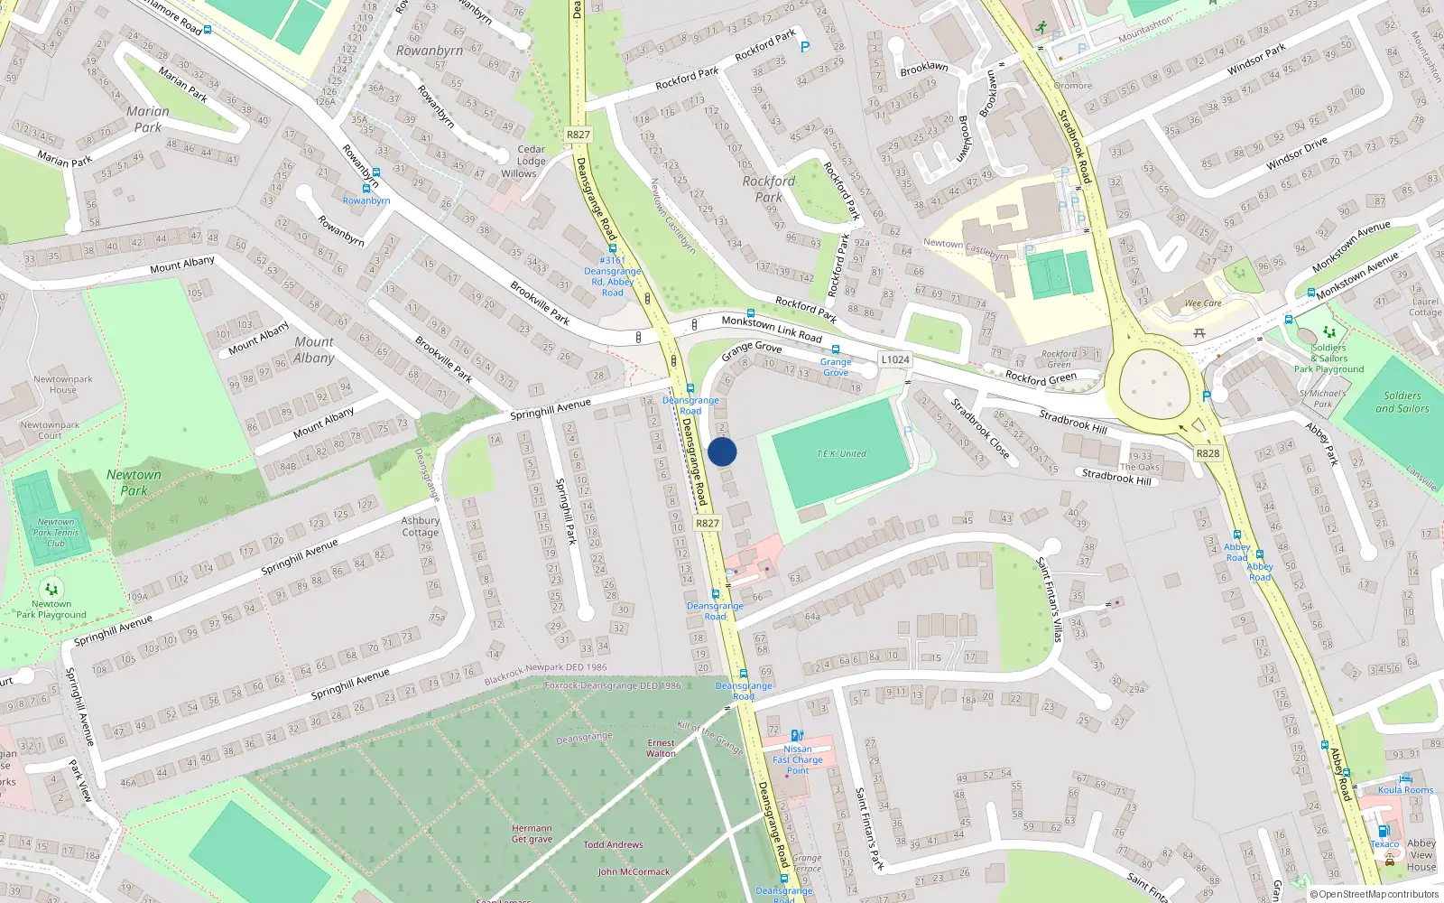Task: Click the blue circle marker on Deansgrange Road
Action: (722, 452)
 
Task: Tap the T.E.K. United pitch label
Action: (841, 454)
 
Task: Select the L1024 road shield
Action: (895, 359)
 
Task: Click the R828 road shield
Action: (1208, 453)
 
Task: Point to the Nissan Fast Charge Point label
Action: (798, 759)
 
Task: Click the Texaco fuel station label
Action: (1384, 844)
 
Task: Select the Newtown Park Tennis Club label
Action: (56, 533)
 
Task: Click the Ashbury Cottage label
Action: (421, 526)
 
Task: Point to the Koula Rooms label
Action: (1405, 789)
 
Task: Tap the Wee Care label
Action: (1202, 303)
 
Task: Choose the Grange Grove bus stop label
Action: (836, 367)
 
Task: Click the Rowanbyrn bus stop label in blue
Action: (366, 200)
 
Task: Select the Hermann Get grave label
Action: (532, 833)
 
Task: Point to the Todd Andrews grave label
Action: (613, 845)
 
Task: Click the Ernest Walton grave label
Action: (661, 748)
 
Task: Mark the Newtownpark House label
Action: (63, 385)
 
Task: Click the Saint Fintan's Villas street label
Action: (1049, 600)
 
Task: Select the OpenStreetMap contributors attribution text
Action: (1375, 894)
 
